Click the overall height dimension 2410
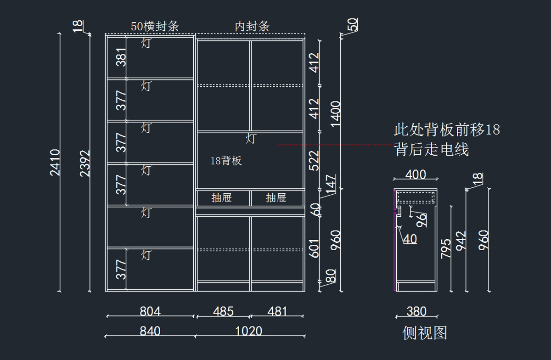pyautogui.click(x=55, y=162)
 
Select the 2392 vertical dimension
pyautogui.click(x=85, y=163)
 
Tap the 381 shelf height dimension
pyautogui.click(x=121, y=57)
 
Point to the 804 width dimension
pyautogui.click(x=150, y=311)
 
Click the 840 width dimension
pyautogui.click(x=150, y=331)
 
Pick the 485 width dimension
pyautogui.click(x=223, y=311)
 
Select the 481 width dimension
pyautogui.click(x=277, y=311)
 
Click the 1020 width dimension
pyautogui.click(x=249, y=331)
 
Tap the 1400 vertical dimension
pyautogui.click(x=336, y=114)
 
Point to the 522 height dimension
pyautogui.click(x=314, y=160)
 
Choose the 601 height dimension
pyautogui.click(x=314, y=248)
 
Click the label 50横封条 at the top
pyautogui.click(x=155, y=26)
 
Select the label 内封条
pyautogui.click(x=252, y=26)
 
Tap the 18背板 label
pyautogui.click(x=226, y=161)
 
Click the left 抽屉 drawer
pyautogui.click(x=221, y=198)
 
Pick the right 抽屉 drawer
pyautogui.click(x=276, y=198)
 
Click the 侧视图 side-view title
pyautogui.click(x=424, y=333)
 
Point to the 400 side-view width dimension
pyautogui.click(x=416, y=174)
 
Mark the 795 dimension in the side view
pyautogui.click(x=446, y=248)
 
